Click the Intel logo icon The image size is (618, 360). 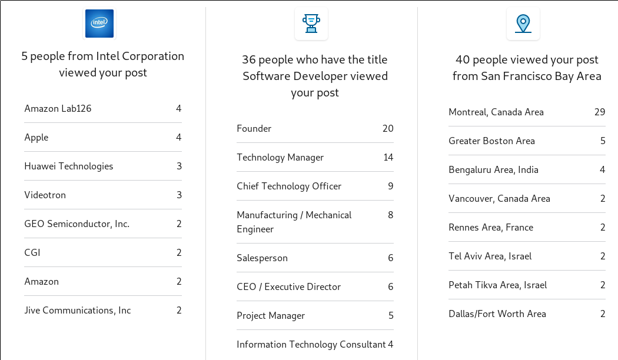(x=99, y=24)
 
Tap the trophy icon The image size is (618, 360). (x=311, y=24)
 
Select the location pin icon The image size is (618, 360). (x=523, y=24)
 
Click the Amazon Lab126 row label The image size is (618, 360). (x=58, y=109)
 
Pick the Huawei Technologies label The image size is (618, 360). (x=69, y=166)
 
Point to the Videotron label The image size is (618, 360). (x=45, y=195)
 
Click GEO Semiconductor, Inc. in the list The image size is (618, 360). (x=77, y=224)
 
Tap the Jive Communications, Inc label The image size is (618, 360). (x=78, y=311)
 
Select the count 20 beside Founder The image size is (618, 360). (x=388, y=128)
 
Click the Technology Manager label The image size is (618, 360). (x=280, y=158)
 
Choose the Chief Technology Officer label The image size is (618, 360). (x=289, y=186)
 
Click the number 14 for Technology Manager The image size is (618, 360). (x=388, y=158)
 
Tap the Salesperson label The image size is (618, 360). (x=262, y=258)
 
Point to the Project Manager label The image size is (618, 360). (x=271, y=316)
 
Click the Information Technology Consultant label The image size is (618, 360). (x=311, y=345)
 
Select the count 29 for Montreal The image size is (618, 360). (x=600, y=112)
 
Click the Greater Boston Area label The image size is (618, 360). (x=491, y=141)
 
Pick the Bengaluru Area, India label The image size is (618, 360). (x=493, y=170)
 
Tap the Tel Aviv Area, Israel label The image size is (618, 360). (x=490, y=256)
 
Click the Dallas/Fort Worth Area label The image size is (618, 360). (x=497, y=314)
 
